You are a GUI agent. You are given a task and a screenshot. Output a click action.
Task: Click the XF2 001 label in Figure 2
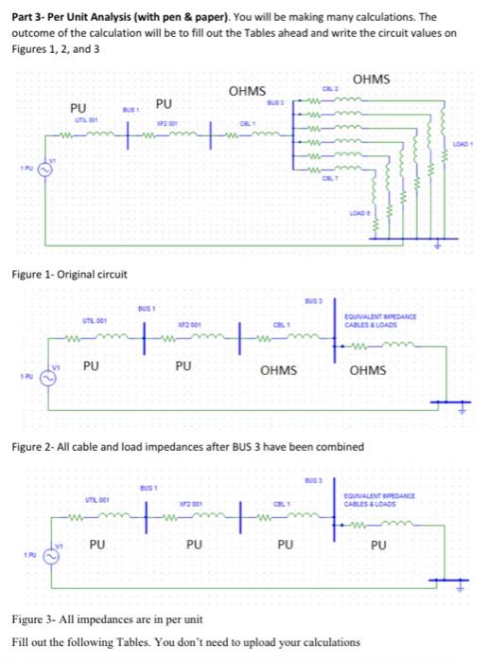click(191, 324)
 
